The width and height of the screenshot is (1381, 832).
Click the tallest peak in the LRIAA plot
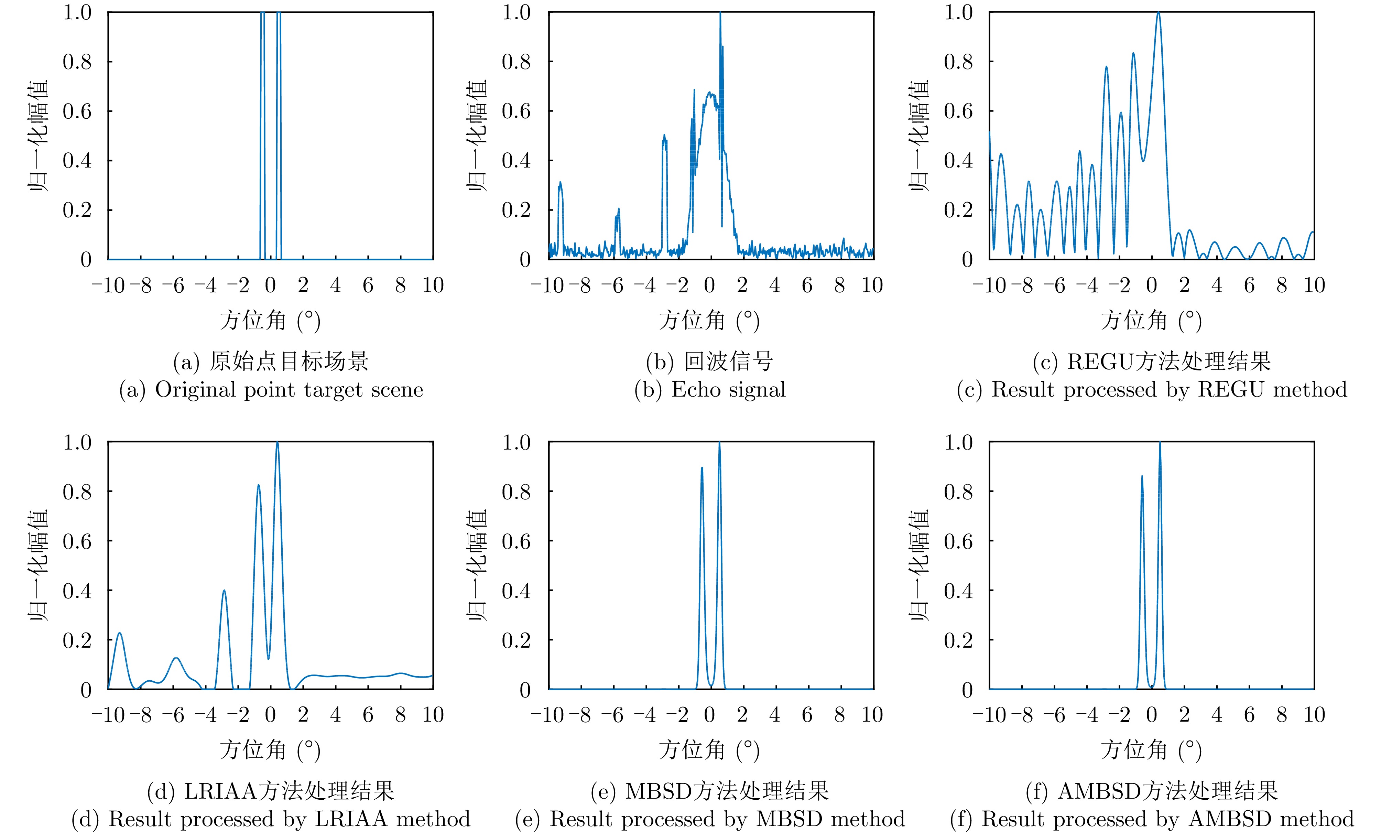[x=277, y=443]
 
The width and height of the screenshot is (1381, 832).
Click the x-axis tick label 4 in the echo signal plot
[x=774, y=285]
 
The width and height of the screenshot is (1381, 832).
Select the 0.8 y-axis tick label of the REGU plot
[x=958, y=62]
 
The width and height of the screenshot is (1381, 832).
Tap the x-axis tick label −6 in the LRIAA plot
[x=173, y=715]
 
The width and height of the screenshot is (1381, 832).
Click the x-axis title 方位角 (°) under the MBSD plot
[x=709, y=750]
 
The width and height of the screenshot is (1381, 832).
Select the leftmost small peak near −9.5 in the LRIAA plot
[x=119, y=634]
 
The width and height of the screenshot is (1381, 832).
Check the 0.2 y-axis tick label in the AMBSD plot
[x=958, y=640]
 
